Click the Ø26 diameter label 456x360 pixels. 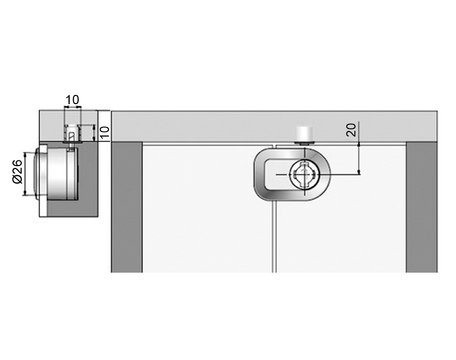[x=18, y=172]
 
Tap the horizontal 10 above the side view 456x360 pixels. [x=73, y=100]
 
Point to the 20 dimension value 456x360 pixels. [x=352, y=130]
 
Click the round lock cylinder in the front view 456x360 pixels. [x=304, y=174]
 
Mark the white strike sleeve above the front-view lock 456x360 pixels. [x=304, y=134]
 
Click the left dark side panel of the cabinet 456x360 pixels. [x=127, y=207]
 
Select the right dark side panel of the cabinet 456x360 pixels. [x=422, y=207]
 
